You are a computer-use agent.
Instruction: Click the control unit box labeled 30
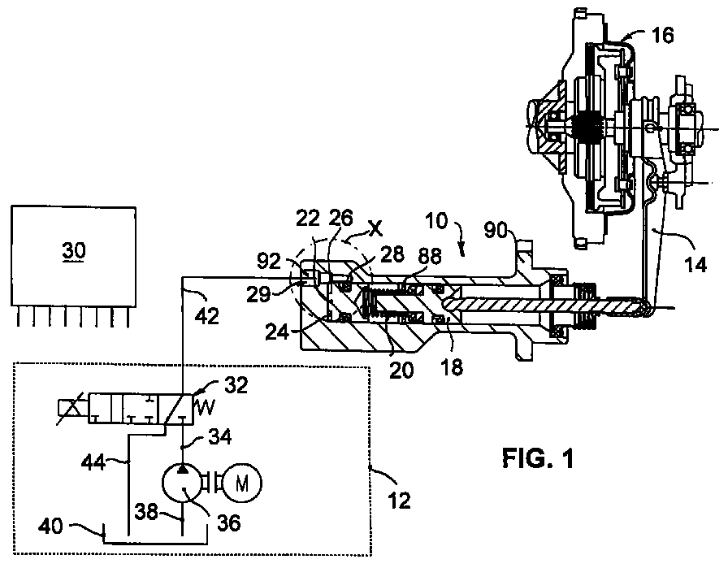pyautogui.click(x=73, y=256)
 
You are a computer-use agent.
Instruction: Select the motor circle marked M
pyautogui.click(x=242, y=483)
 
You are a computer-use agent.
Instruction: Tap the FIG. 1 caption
pyautogui.click(x=538, y=458)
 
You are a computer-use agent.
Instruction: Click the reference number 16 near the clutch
pyautogui.click(x=662, y=35)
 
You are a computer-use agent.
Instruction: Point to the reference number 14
pyautogui.click(x=695, y=265)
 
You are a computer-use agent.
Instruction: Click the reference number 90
pyautogui.click(x=496, y=229)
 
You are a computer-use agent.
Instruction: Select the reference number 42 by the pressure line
pyautogui.click(x=206, y=316)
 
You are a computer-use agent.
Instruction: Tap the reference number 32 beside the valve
pyautogui.click(x=236, y=385)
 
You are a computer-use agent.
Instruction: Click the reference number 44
pyautogui.click(x=93, y=463)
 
